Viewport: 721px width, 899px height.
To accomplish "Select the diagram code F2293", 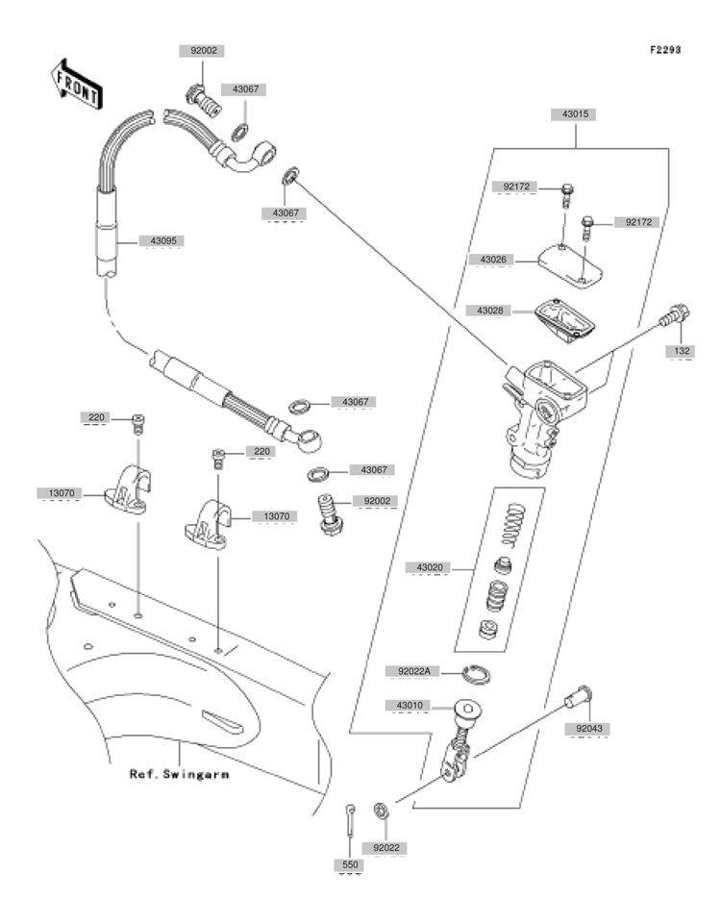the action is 665,50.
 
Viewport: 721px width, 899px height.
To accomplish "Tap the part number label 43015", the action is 575,114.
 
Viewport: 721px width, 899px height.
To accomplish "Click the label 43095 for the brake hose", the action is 162,240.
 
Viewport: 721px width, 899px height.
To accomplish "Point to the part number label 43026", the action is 493,260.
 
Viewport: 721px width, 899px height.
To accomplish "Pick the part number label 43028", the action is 490,311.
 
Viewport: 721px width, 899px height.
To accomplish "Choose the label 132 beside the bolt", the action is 682,351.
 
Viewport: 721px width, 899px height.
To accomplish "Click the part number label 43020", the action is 430,567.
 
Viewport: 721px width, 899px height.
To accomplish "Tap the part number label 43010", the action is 410,705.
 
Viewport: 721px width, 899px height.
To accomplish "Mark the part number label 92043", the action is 589,729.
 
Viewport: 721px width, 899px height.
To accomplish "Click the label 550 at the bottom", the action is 350,864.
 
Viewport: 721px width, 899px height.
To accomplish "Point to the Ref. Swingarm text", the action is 180,775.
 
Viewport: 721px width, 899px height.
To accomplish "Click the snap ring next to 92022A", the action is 476,675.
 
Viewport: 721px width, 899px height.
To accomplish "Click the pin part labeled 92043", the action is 579,697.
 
